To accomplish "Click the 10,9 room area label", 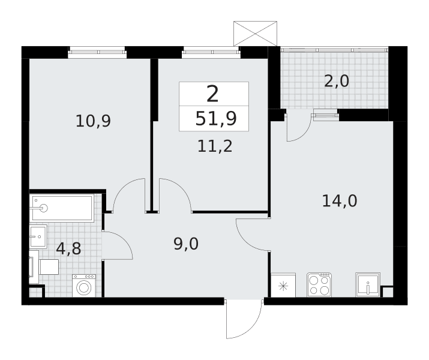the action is coord(93,121).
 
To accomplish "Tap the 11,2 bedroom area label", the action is coord(215,146).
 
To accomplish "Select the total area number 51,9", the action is coord(216,119).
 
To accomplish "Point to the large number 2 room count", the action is coord(212,94).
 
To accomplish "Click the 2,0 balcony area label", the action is coord(337,81).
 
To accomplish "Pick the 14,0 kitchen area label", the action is coord(340,201).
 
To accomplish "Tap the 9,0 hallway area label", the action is coord(186,244).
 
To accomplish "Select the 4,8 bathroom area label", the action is coord(68,248).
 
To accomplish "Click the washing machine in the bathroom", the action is coord(84,286).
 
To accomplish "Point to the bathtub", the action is coord(62,208).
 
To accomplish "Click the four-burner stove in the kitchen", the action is coord(319,285).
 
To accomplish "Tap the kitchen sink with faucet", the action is coord(368,284).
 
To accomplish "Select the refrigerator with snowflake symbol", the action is coord(283,285).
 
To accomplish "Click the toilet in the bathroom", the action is coord(44,267).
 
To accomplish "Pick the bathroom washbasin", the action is coord(38,236).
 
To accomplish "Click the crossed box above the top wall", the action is coord(255,34).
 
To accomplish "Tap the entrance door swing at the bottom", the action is coord(244,319).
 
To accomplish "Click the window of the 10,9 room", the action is coord(97,52).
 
